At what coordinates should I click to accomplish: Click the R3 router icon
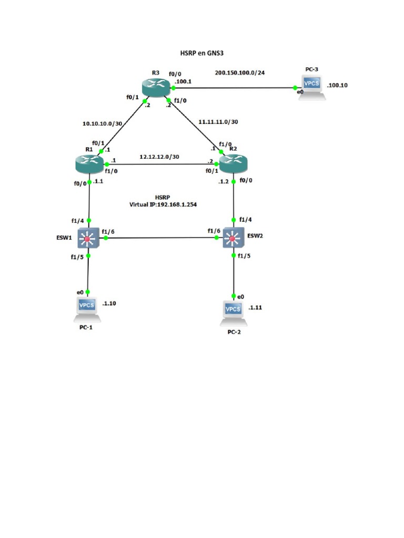[157, 87]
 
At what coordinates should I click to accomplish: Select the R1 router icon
[90, 164]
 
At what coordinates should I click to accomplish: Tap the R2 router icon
[233, 164]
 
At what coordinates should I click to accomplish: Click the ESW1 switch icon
[88, 239]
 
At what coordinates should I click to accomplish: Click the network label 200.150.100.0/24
[240, 72]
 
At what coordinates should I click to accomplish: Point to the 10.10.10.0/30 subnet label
[102, 124]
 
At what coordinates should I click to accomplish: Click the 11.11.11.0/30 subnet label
[218, 122]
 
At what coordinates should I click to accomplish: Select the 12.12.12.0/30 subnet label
[158, 157]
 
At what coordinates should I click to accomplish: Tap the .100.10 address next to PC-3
[337, 85]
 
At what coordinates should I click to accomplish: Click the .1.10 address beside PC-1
[109, 303]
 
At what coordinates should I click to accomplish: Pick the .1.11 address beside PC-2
[255, 308]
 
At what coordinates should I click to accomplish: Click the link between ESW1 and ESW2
[160, 239]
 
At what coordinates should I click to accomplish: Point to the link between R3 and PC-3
[234, 88]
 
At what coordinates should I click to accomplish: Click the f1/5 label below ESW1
[77, 257]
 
